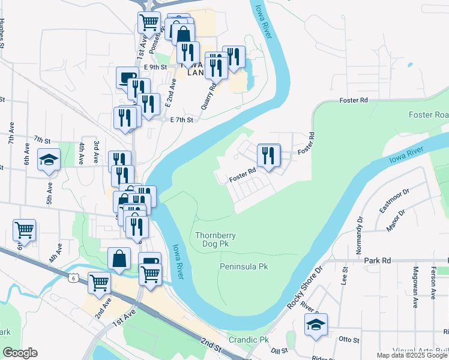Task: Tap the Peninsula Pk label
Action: pos(244,266)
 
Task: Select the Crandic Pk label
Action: pos(249,340)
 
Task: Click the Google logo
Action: pos(20,353)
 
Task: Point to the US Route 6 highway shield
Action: pos(73,277)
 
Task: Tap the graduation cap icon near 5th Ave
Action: pos(49,160)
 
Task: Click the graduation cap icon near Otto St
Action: pos(316,324)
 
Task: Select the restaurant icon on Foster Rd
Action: pos(268,155)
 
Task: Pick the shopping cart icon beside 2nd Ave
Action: pos(100,283)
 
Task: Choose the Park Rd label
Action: pos(377,260)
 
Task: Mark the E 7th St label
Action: pos(182,119)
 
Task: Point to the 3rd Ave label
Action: pos(96,152)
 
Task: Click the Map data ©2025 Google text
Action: pos(412,355)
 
